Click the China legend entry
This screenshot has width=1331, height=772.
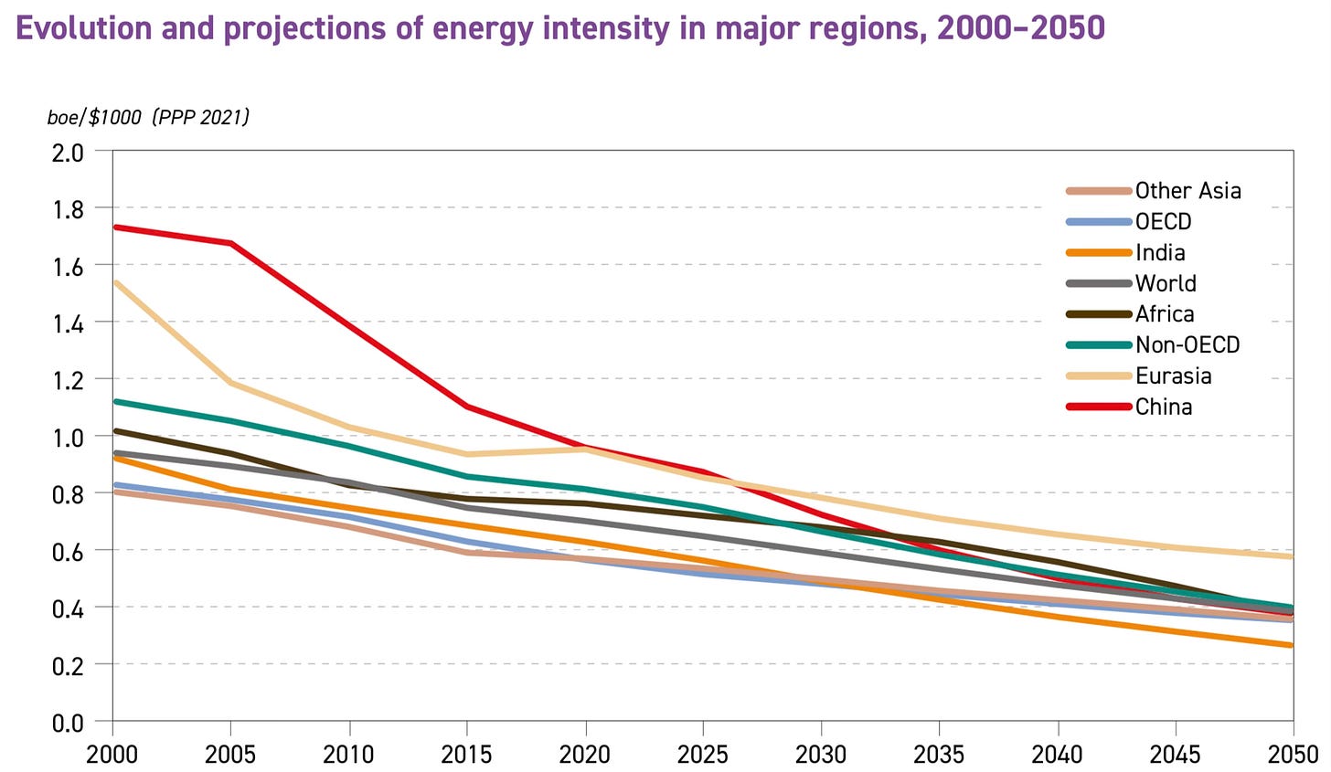1163,407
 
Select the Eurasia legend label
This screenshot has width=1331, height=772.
1173,375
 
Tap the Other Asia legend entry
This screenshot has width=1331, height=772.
1187,190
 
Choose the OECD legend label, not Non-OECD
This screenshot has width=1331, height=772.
1163,221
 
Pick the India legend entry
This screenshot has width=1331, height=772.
1160,252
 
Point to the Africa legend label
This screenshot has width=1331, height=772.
1164,313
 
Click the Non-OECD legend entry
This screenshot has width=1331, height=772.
1187,344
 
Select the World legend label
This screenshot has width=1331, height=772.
1166,283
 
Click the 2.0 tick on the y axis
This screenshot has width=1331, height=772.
69,152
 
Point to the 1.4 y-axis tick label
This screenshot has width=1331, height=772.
69,323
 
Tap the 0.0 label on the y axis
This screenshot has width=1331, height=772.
69,722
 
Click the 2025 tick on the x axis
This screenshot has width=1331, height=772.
703,754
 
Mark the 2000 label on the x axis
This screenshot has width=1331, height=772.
113,754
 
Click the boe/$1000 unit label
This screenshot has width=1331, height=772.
95,118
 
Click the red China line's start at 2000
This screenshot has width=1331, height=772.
114,227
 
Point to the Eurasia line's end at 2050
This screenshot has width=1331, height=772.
1292,556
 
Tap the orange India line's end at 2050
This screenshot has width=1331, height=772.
1292,645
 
